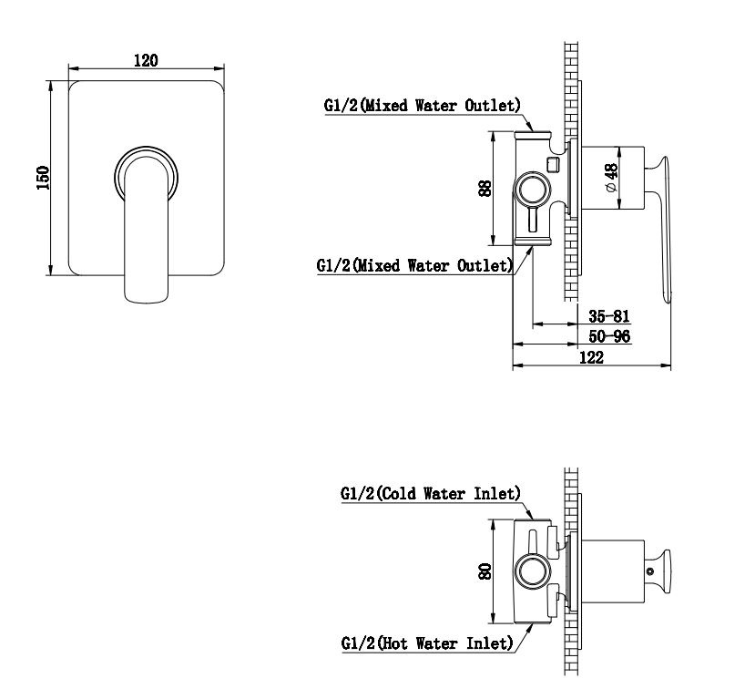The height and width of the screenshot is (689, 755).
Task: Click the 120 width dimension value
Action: click(x=146, y=61)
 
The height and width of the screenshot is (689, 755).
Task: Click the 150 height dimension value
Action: click(x=44, y=178)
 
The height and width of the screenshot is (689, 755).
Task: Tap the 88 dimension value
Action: click(x=485, y=188)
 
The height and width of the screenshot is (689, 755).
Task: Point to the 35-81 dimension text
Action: click(x=609, y=316)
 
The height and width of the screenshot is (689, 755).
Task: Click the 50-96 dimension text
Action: click(x=609, y=335)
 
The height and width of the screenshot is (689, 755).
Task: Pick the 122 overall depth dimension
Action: click(x=591, y=357)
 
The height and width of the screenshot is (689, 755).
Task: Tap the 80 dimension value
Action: click(x=485, y=571)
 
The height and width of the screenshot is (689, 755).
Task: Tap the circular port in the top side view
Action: click(x=533, y=189)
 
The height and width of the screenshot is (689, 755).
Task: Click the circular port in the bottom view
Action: click(x=533, y=571)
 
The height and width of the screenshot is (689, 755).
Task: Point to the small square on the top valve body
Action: click(x=553, y=164)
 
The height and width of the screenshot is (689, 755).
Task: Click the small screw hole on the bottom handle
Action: click(x=650, y=571)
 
